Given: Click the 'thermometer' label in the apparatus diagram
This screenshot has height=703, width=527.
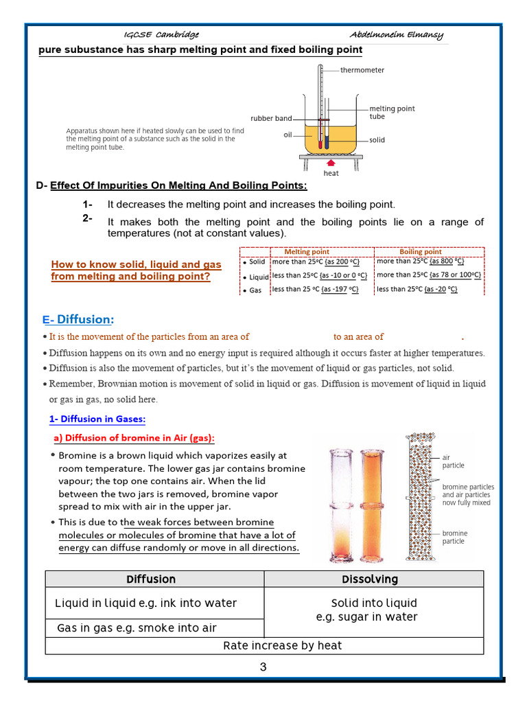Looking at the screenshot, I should coord(362,70).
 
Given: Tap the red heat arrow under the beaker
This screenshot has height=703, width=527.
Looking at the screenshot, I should coord(331,163).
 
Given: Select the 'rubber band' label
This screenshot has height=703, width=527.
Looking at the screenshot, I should coord(271,119).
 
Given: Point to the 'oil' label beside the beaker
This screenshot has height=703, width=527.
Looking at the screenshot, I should coord(288,135).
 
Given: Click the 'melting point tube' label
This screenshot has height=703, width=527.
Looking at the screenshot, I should coord(392,113).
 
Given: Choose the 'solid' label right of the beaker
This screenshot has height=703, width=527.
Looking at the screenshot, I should coord(377,140).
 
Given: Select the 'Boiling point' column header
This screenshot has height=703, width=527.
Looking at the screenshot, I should coord(421,252).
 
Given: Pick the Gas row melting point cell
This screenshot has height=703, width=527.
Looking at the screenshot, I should coord(316,290).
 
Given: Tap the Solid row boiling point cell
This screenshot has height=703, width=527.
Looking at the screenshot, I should coord(421,262).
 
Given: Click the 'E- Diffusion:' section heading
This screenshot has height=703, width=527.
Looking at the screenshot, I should coord(78,320).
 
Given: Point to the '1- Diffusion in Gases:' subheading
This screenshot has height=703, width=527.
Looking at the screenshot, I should coord(97,419).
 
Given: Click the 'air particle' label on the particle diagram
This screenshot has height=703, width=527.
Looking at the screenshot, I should coord(453,461).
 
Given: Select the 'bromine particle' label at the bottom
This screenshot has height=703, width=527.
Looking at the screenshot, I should coord(454,537).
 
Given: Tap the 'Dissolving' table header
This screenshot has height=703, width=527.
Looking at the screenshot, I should coord(370,579).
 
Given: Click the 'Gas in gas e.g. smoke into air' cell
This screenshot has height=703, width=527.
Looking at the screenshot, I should coord(137,628).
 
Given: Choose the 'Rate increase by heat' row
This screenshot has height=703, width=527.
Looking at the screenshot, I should coord(283,645).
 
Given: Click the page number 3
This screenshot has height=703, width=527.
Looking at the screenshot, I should coord(263,667).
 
